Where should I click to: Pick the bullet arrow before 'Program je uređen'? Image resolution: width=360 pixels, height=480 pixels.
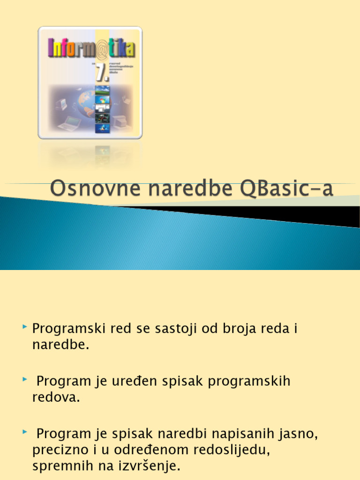pos(25,378)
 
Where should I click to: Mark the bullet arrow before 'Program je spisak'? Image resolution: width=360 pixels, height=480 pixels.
pos(25,431)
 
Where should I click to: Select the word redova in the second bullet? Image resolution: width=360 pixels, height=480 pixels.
pos(54,397)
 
